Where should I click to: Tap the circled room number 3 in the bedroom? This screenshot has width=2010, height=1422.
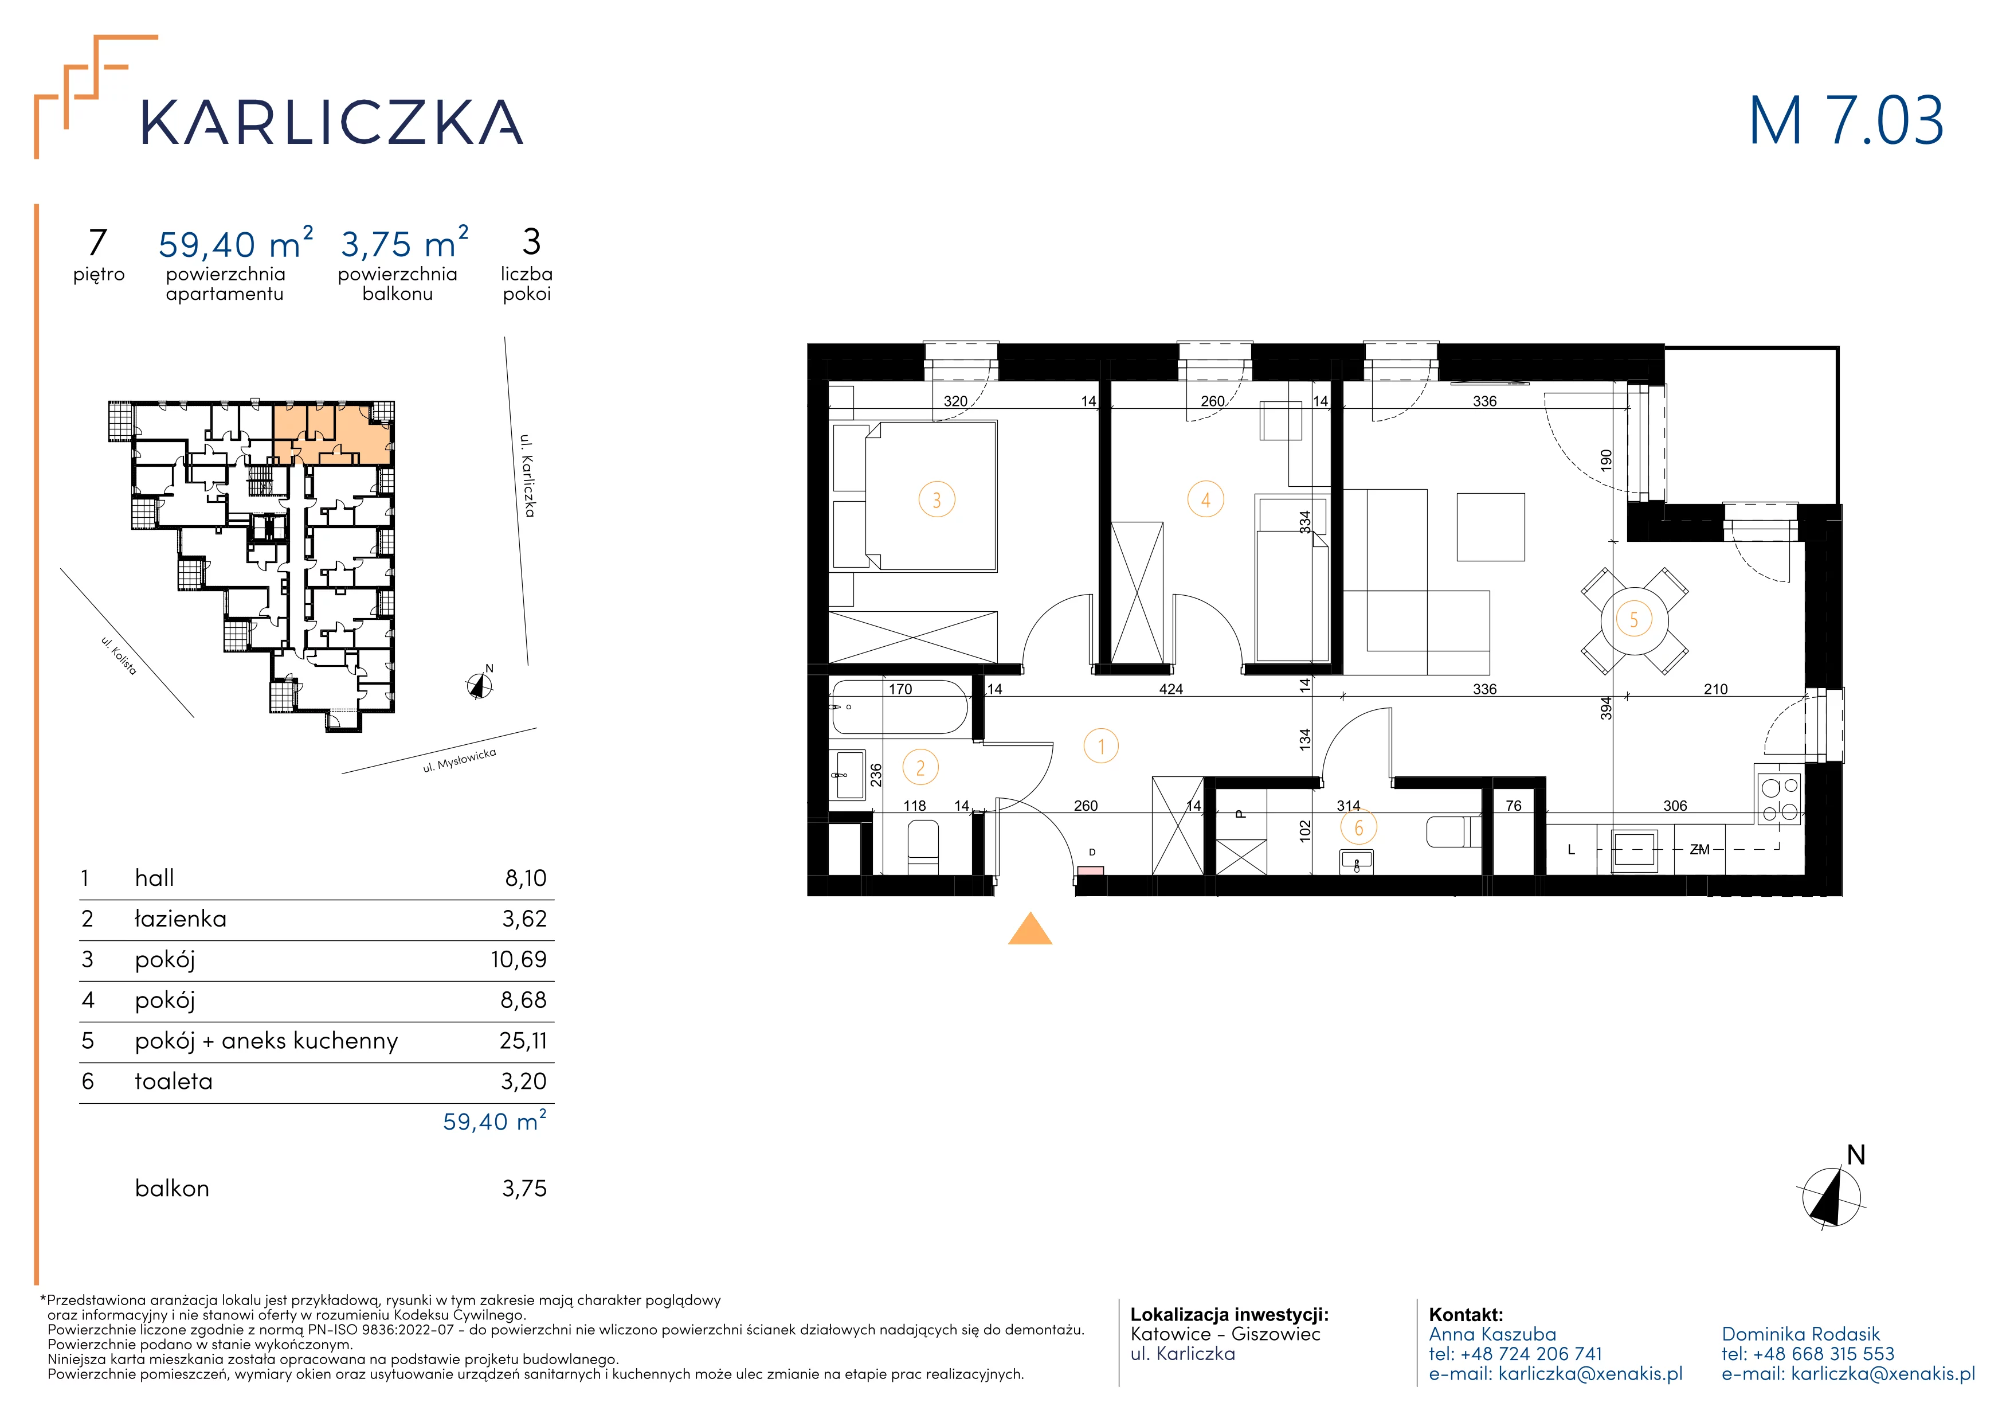(x=937, y=500)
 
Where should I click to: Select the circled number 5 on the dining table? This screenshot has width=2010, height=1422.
(x=1633, y=620)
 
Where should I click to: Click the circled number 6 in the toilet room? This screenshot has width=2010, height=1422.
(x=1359, y=827)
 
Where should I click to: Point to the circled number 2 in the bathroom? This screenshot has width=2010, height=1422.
(x=920, y=768)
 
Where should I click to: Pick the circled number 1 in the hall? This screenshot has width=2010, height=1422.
(x=1102, y=747)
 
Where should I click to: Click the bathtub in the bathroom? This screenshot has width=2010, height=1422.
(x=899, y=708)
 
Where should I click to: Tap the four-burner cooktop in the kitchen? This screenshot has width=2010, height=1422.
(x=1779, y=795)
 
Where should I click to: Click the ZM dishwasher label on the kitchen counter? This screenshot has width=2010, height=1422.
(x=1699, y=849)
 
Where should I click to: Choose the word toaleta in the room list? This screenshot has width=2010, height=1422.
(x=173, y=1081)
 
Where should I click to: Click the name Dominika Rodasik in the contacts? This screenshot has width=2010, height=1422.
(x=1801, y=1334)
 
